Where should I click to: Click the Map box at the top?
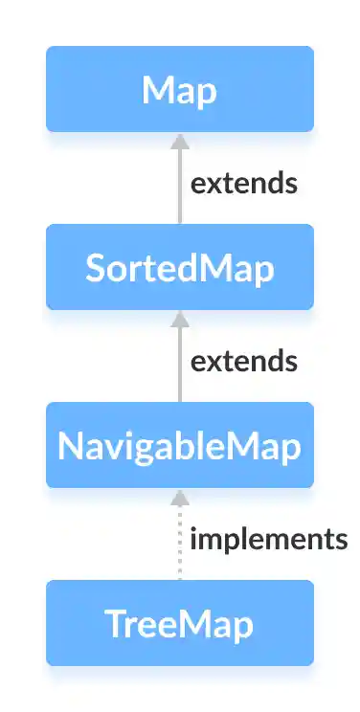179,89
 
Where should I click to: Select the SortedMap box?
179,267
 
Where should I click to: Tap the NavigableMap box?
179,445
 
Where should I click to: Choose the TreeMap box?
179,623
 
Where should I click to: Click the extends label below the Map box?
243,183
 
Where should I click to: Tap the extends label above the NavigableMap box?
243,361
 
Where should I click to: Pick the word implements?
268,539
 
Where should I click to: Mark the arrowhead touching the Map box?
179,140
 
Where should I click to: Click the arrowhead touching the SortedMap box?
179,318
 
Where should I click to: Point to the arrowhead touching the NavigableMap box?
179,496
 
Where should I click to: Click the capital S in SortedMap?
96,268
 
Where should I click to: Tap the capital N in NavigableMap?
70,446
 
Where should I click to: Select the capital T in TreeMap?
114,624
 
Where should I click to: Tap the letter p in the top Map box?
206,94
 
